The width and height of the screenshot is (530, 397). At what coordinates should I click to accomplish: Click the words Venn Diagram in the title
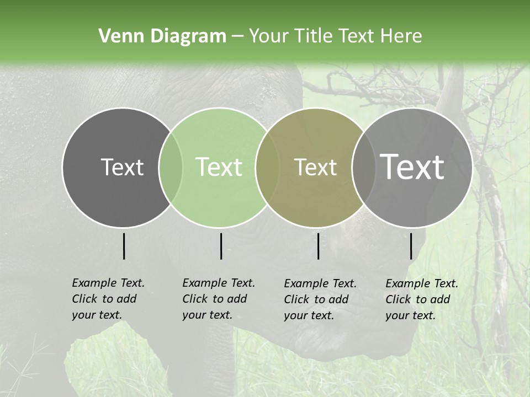162,36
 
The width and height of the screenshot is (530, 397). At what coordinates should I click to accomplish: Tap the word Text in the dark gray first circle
122,168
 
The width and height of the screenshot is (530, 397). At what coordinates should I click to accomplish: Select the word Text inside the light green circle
219,168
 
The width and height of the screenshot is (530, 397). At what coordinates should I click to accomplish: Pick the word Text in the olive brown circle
315,168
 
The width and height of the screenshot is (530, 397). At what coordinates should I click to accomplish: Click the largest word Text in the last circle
412,167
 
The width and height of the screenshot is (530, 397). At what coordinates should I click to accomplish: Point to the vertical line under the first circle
124,246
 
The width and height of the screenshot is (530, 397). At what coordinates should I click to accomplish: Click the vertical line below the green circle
221,246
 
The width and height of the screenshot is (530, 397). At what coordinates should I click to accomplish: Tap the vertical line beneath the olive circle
318,246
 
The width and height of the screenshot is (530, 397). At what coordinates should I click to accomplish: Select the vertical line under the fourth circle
411,246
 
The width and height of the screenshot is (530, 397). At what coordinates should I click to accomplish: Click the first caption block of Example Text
108,299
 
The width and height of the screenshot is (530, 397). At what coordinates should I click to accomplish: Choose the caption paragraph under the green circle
219,299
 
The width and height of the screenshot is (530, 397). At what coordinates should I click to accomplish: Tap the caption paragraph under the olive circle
320,299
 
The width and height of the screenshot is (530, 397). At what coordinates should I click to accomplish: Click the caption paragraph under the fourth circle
422,299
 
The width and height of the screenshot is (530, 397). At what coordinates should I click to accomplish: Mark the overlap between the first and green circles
171,168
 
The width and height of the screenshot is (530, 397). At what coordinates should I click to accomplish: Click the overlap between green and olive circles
263,168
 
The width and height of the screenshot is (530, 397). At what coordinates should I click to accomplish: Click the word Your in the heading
268,36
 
